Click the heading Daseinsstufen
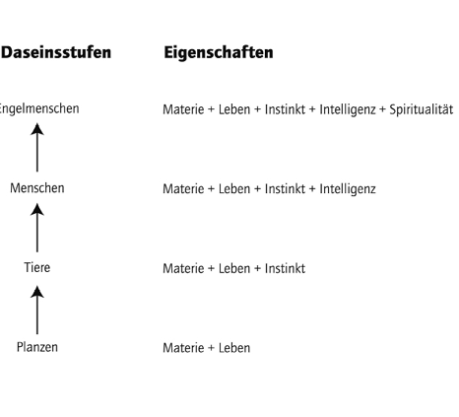point(56,52)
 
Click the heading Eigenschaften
point(219,52)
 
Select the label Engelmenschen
point(39,109)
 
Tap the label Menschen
point(37,188)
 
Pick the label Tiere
point(37,267)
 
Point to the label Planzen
point(37,347)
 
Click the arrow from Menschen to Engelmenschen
point(37,147)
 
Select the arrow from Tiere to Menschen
point(37,228)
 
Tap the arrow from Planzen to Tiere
point(37,310)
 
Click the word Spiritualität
point(422,109)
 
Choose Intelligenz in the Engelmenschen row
point(348,109)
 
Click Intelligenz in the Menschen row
point(348,189)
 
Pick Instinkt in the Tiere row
point(285,268)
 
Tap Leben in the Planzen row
point(234,348)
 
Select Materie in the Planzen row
point(183,348)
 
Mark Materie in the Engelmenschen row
point(183,109)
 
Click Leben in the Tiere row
point(234,268)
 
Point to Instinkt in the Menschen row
point(285,189)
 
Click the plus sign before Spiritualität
point(382,110)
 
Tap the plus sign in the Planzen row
point(211,348)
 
